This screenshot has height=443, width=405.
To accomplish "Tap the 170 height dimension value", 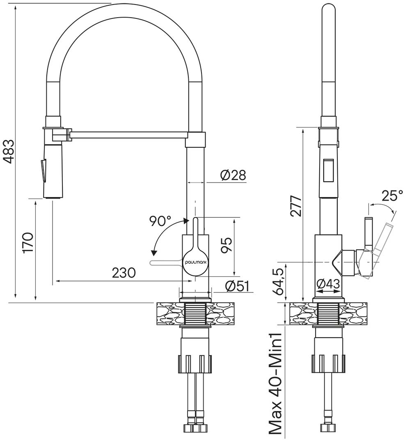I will point(28,243).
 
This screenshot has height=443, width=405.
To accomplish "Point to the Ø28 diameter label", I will point(233,175).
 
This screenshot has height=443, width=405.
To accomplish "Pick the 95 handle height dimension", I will point(226,245).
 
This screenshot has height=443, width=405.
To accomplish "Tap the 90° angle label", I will point(160,221).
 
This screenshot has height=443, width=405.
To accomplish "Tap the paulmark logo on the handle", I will point(196,261).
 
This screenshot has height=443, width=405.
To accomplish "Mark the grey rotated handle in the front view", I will point(164,263).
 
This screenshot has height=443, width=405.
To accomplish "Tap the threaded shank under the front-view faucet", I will point(196,314).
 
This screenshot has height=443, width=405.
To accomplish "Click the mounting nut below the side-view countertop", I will point(328,363).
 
